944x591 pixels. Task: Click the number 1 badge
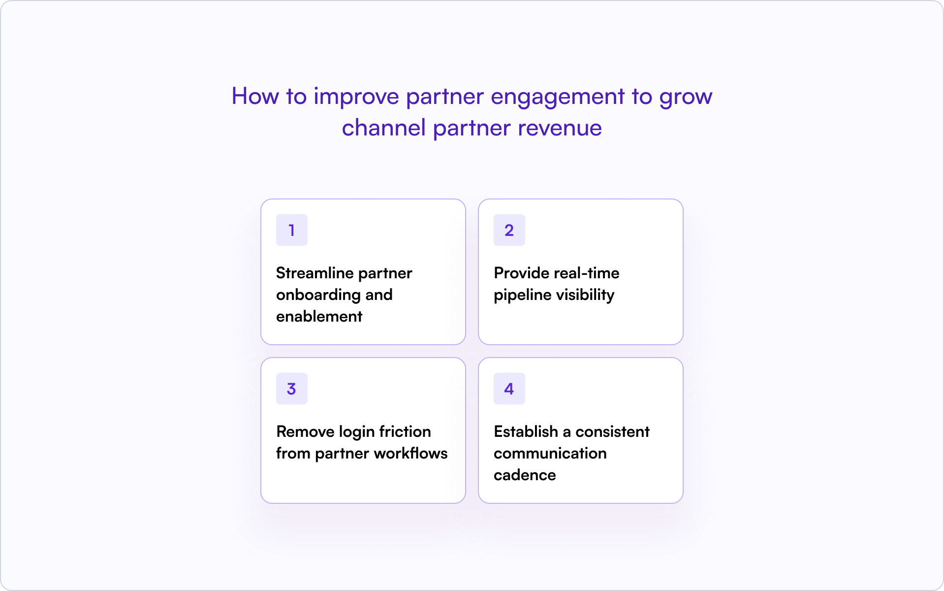(x=291, y=230)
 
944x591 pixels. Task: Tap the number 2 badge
(x=509, y=230)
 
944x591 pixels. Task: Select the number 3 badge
(x=291, y=389)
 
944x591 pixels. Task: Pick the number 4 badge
(x=509, y=389)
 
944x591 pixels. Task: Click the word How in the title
(x=255, y=96)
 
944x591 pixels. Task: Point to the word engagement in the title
(x=558, y=97)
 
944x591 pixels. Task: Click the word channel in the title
(x=383, y=128)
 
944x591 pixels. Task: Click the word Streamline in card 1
(x=315, y=273)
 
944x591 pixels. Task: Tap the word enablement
(x=319, y=316)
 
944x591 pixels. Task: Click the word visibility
(x=585, y=295)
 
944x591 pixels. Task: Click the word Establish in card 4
(x=526, y=431)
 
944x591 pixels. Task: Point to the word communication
(x=550, y=454)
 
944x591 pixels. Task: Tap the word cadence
(x=525, y=475)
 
